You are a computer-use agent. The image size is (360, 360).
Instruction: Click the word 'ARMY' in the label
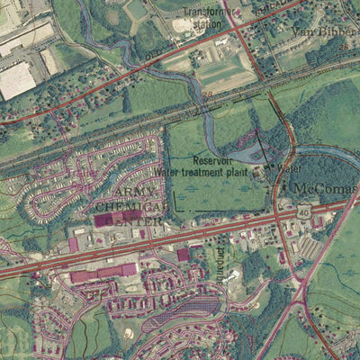coord(131,193)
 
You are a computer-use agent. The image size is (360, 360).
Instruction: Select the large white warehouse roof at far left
coord(16,81)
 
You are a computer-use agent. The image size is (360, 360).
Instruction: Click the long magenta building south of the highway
coord(104,273)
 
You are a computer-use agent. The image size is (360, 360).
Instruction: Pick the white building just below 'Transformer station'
coord(221,41)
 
